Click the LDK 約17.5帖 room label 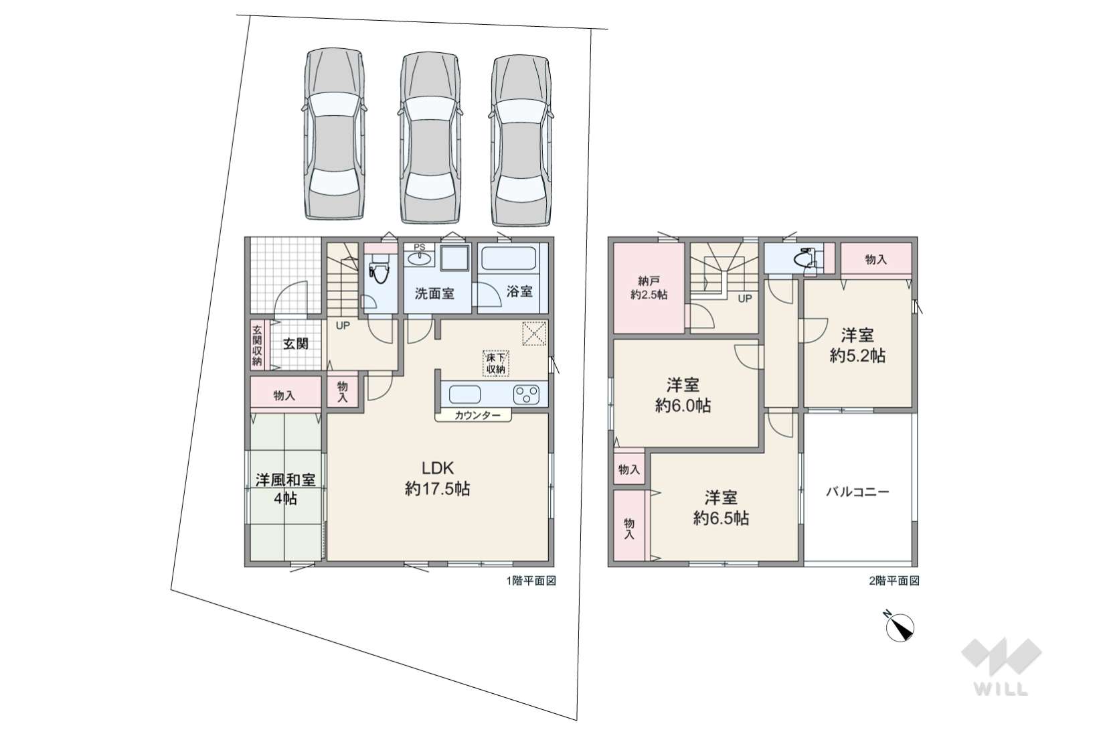pyautogui.click(x=437, y=479)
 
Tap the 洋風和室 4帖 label pyautogui.click(x=285, y=489)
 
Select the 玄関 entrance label pyautogui.click(x=295, y=344)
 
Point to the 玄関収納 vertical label pyautogui.click(x=256, y=345)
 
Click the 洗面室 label pyautogui.click(x=434, y=293)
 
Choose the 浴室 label pyautogui.click(x=519, y=291)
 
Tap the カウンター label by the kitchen pyautogui.click(x=477, y=415)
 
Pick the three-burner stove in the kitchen pyautogui.click(x=526, y=394)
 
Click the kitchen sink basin pyautogui.click(x=465, y=394)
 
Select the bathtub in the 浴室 pyautogui.click(x=509, y=259)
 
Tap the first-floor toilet pyautogui.click(x=379, y=273)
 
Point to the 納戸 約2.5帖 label pyautogui.click(x=649, y=287)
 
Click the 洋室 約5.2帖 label pyautogui.click(x=857, y=346)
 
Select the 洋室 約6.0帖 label pyautogui.click(x=683, y=395)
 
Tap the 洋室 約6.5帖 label pyautogui.click(x=721, y=508)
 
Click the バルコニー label pyautogui.click(x=857, y=492)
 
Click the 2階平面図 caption pyautogui.click(x=894, y=581)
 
